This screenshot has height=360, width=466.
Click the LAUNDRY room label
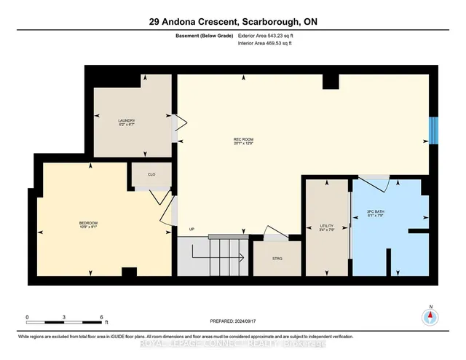coord(127,121)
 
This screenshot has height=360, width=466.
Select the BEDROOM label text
coord(89,222)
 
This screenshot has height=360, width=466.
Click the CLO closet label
coord(151,175)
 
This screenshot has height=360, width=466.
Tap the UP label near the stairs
coord(192,230)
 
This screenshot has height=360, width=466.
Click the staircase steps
coord(226,255)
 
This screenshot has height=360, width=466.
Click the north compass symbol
coord(430,317)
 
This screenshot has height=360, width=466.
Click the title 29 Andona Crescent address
coord(232,22)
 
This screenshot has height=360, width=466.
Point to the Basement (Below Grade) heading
coord(198,35)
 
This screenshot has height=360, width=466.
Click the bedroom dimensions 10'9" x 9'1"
coord(89,227)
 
